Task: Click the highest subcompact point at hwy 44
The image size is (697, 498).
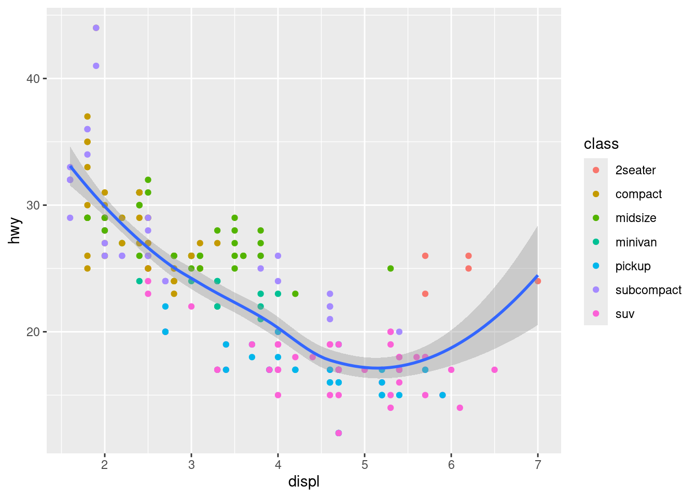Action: tap(96, 28)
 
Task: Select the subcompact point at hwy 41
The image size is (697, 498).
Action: tap(96, 66)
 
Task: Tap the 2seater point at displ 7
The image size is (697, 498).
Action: tap(538, 281)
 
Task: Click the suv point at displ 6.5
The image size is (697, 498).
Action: tap(494, 370)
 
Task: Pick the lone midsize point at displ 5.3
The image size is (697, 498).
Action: tap(391, 269)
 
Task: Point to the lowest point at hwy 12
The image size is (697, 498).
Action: tap(339, 433)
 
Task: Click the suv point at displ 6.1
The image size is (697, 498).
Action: tap(460, 408)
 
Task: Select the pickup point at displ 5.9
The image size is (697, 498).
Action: tap(442, 395)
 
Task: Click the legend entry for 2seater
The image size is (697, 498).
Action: tap(635, 170)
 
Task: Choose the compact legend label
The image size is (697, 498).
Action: tap(638, 194)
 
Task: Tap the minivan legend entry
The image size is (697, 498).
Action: tap(636, 242)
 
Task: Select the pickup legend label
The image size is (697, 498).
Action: tap(633, 266)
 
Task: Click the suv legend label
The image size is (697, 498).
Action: tap(624, 314)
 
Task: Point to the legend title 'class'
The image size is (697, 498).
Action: tap(601, 144)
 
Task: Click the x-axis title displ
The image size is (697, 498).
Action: tap(304, 482)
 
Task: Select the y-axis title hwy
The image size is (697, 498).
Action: tap(15, 231)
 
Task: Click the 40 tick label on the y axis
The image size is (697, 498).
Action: tap(33, 79)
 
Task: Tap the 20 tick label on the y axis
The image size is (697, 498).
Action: tap(33, 332)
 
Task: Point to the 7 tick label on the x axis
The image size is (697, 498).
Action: tap(538, 464)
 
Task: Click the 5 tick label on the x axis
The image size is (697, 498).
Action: tap(365, 464)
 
